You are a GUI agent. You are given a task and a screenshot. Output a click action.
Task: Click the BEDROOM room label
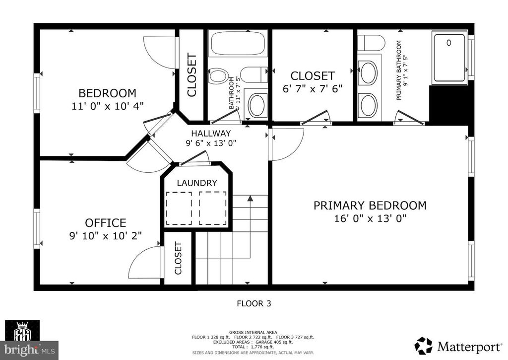107,93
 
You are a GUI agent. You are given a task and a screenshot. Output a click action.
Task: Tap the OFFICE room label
105,223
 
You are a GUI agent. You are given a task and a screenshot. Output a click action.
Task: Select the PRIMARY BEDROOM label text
370,206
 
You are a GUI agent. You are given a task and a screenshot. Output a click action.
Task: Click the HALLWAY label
211,133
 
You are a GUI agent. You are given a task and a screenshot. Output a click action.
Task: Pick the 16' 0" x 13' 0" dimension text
370,219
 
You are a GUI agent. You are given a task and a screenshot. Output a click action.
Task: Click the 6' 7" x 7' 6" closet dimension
313,89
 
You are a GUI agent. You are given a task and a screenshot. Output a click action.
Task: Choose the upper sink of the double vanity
368,72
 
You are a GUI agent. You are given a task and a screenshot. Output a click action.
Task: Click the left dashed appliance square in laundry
180,208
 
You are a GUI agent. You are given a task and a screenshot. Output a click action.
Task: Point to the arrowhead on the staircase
251,199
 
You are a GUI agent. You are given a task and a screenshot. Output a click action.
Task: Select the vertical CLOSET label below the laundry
178,258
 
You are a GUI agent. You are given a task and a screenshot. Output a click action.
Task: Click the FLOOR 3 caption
254,303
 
